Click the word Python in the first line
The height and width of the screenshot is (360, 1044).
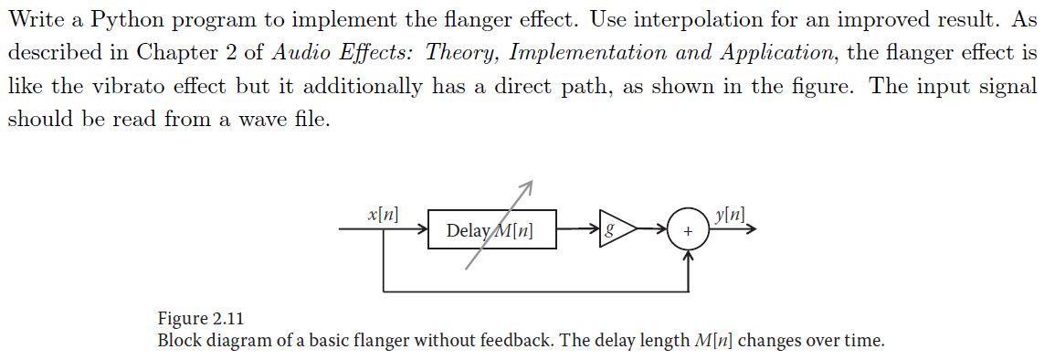coord(125,20)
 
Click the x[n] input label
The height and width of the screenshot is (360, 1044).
coord(382,215)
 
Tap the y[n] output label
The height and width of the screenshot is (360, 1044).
coord(730,215)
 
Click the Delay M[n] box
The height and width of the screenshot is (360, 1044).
coord(491,230)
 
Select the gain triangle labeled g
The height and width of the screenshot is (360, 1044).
coord(615,230)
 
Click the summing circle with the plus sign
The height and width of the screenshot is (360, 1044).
coord(688,230)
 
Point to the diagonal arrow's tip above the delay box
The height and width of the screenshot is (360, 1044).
coord(529,185)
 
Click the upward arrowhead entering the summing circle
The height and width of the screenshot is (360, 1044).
coord(688,257)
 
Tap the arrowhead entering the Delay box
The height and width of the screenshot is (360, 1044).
coord(422,230)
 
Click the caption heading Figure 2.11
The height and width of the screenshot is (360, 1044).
coord(201,318)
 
